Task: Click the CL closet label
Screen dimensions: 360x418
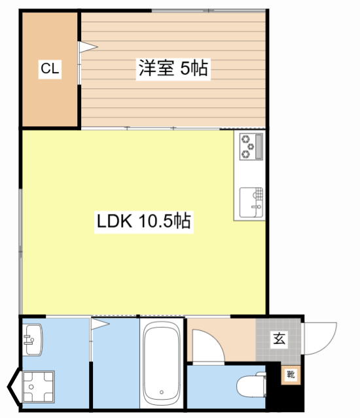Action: pyautogui.click(x=50, y=69)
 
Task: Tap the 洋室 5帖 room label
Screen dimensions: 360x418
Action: pyautogui.click(x=173, y=69)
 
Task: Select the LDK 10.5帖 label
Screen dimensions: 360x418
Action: pyautogui.click(x=144, y=221)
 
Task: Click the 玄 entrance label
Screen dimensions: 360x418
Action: pyautogui.click(x=279, y=339)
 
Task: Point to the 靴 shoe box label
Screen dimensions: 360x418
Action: pyautogui.click(x=291, y=375)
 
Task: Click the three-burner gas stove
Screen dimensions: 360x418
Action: pyautogui.click(x=251, y=147)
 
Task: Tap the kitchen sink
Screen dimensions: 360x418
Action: pyautogui.click(x=251, y=202)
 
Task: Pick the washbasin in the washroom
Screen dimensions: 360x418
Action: pyautogui.click(x=33, y=340)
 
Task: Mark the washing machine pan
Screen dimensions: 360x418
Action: pyautogui.click(x=38, y=387)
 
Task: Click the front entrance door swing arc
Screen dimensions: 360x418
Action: pyautogui.click(x=330, y=344)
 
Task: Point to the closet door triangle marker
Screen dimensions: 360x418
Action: pyautogui.click(x=88, y=47)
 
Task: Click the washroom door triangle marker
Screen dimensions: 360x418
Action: pyautogui.click(x=100, y=324)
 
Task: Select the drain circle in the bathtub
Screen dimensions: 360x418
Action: pyautogui.click(x=162, y=392)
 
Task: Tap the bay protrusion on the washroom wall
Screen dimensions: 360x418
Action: pyautogui.click(x=14, y=387)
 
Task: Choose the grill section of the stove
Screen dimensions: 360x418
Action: pyautogui.click(x=259, y=147)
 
